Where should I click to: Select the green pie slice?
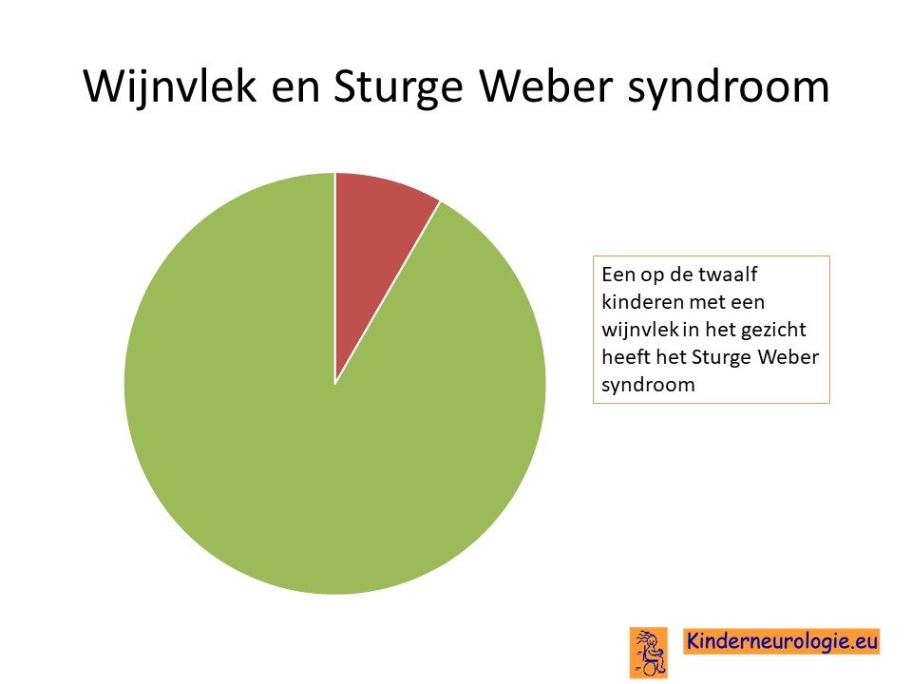326,442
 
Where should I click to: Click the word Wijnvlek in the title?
170,86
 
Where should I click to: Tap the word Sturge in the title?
398,87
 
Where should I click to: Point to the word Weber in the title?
547,86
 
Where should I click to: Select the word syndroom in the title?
729,88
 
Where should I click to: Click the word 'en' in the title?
295,91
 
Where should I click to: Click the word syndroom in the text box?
648,385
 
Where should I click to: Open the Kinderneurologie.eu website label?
781,641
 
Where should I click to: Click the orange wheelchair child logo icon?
649,653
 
